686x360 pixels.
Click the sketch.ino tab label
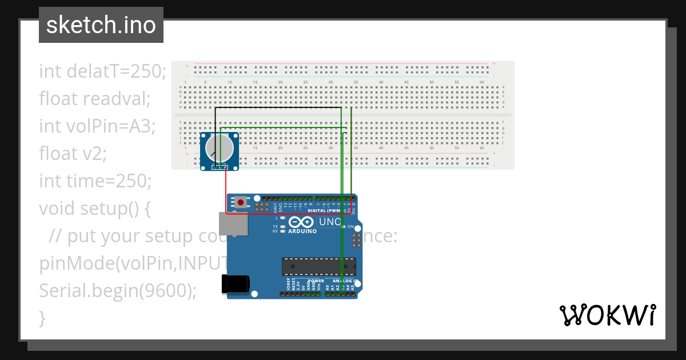pos(101,25)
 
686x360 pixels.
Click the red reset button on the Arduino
pos(242,202)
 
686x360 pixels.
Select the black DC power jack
pos(236,284)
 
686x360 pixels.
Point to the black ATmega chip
pos(318,266)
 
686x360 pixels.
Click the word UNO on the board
pos(330,222)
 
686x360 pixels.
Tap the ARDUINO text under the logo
pos(303,231)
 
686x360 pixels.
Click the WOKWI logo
pos(607,315)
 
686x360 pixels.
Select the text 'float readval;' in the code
pos(94,98)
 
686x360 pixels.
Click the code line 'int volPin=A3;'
pos(97,125)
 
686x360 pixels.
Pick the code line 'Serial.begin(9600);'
pos(117,290)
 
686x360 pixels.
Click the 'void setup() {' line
pos(94,208)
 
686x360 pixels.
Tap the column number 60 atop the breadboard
pos(482,83)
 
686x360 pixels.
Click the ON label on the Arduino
pos(350,227)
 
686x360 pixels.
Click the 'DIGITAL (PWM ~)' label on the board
pos(326,210)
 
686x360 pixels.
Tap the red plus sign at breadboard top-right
pos(494,63)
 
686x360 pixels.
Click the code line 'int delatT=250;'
pos(103,71)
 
